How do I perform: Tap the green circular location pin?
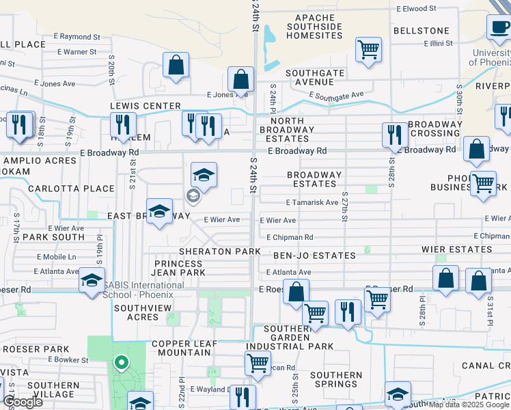coord(121,362)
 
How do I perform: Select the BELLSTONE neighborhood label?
coord(422,31)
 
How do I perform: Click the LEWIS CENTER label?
coord(146,106)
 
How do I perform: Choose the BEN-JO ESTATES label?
coord(314,255)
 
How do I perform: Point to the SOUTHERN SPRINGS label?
coord(336,381)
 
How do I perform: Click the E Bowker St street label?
coord(68,359)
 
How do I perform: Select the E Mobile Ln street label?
coord(57,258)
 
